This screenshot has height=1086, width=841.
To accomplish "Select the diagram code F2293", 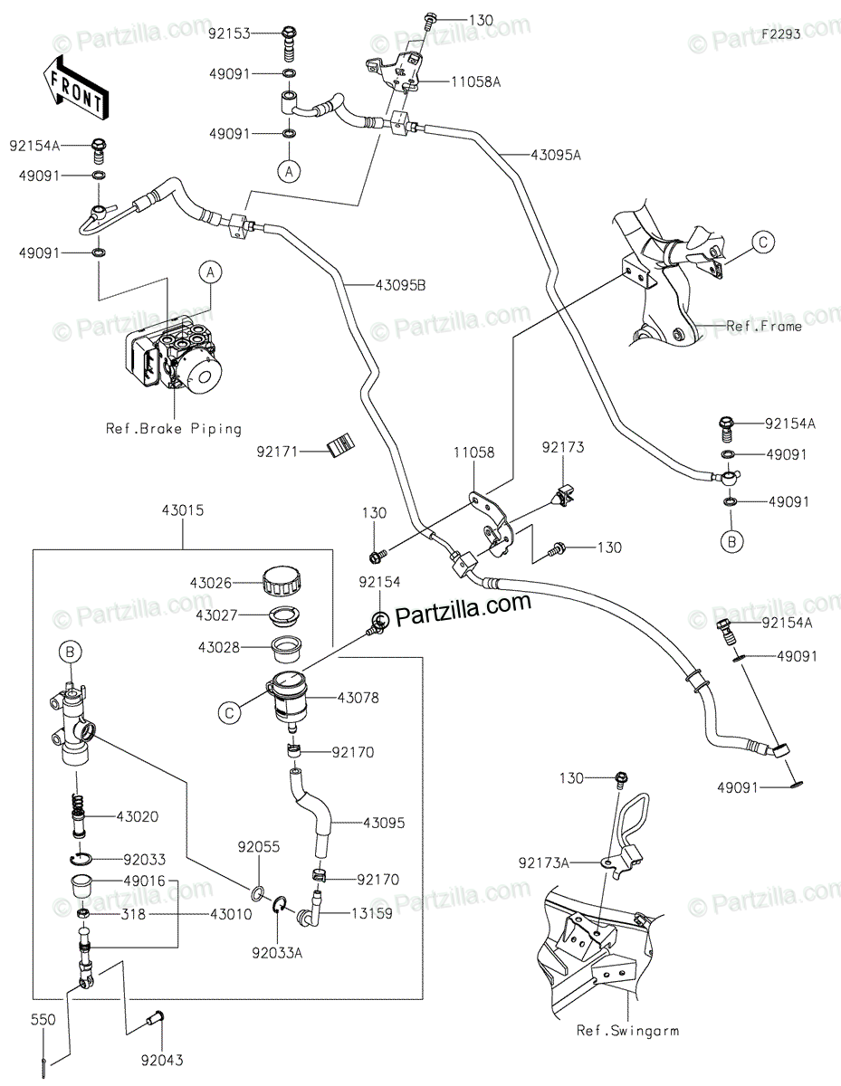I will [780, 33].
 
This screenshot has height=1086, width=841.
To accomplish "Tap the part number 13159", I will [372, 914].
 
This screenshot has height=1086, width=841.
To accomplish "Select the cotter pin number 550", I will [43, 1019].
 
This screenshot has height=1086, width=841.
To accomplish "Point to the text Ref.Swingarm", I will [626, 1030].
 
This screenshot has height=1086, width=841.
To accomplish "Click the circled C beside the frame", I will [763, 242].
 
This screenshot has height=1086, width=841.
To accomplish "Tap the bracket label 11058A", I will [475, 81].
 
